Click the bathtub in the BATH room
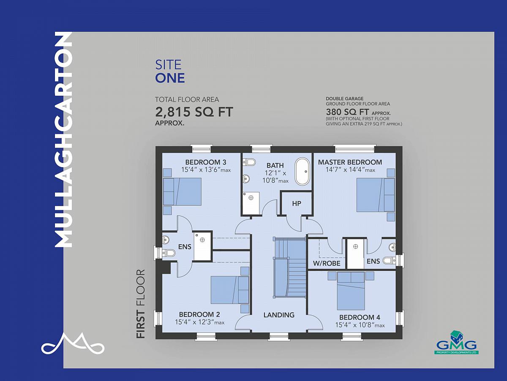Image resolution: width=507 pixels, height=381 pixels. click(x=302, y=171)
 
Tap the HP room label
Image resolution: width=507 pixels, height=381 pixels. click(x=297, y=204)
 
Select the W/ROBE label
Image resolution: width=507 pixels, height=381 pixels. click(x=327, y=263)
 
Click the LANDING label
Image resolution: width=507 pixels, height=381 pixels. click(x=279, y=315)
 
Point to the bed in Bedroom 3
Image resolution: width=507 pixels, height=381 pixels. click(x=182, y=191)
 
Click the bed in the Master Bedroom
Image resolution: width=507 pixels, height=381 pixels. click(x=376, y=195)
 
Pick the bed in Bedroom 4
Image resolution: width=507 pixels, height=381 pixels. click(x=351, y=291)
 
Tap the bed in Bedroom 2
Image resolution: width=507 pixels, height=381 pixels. click(x=230, y=290)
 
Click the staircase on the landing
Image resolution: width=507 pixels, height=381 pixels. click(x=290, y=267)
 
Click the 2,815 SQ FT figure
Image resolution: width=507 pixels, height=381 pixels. click(x=194, y=112)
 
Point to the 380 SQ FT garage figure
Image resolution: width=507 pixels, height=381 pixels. click(x=347, y=112)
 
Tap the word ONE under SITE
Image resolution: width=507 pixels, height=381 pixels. click(x=170, y=78)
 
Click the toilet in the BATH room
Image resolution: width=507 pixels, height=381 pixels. click(x=249, y=162)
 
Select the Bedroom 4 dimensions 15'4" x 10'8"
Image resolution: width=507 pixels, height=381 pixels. click(x=360, y=325)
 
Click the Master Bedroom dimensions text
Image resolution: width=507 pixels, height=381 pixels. click(x=350, y=170)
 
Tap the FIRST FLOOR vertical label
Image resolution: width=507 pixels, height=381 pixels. click(x=141, y=304)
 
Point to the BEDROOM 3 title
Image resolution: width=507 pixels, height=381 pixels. click(x=206, y=162)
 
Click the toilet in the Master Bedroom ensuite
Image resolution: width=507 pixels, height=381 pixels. click(x=389, y=261)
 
